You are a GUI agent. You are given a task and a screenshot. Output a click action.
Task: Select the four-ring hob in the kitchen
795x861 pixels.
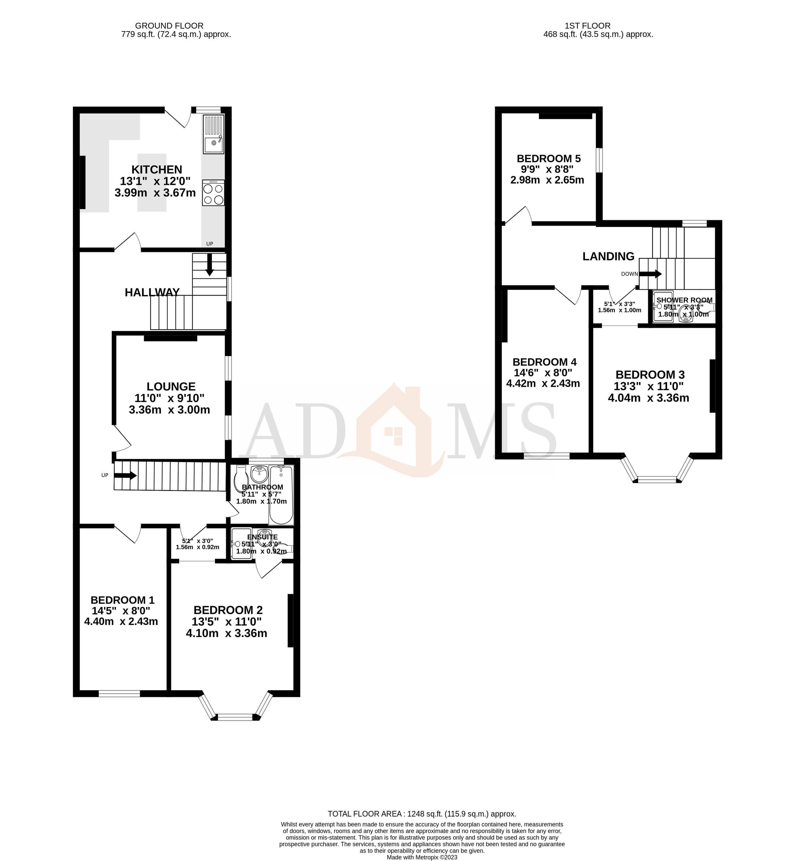213,193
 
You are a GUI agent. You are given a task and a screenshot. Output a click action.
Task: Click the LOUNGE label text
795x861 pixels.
171,387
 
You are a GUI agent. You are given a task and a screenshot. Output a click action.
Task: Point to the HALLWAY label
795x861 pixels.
152,292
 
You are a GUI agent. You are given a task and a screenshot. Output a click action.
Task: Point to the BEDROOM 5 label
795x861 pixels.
549,159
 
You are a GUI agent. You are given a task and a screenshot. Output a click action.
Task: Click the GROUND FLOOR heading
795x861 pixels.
169,26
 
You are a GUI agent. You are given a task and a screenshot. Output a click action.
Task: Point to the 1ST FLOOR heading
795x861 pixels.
587,26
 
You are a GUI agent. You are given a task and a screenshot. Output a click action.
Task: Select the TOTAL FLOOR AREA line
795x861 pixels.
422,814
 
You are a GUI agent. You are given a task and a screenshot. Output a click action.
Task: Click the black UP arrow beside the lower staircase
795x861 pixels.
125,476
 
